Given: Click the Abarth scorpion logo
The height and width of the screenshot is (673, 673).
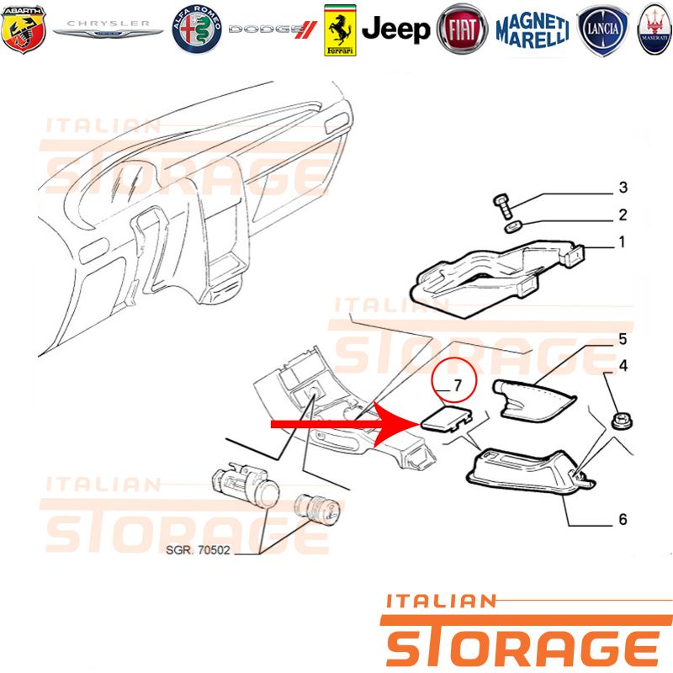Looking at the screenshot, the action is pos(24,29).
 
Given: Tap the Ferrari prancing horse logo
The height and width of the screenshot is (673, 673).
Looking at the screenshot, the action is pos(340,30).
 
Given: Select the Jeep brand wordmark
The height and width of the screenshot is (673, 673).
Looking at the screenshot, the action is pos(395,29).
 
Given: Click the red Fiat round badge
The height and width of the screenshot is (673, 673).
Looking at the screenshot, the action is pos(462,29).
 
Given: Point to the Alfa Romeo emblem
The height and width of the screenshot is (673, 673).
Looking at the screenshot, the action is pos(197,29).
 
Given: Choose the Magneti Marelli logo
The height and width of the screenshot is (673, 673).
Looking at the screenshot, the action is pos(533,30).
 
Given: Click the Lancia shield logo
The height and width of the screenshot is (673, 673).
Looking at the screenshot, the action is pos(602,30).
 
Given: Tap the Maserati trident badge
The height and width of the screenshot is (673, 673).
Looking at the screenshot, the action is pos(655,30).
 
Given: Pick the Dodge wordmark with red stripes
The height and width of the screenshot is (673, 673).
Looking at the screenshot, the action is pos(273,29).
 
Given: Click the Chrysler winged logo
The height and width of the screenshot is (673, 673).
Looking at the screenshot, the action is pos(109,29).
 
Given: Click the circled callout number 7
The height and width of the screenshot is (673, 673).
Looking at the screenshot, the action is pos(458,385).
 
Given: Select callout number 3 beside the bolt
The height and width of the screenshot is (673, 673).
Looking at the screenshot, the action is pos(623,188).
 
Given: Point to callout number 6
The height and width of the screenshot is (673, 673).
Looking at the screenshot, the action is pos(623,519).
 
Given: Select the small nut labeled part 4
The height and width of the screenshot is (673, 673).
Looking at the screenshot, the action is pos(621,421).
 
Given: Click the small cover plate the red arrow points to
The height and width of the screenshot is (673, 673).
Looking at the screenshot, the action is pos(447,417).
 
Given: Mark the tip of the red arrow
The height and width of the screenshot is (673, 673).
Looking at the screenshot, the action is pos(419,425).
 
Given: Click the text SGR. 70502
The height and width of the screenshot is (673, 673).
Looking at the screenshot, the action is pos(198,550).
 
